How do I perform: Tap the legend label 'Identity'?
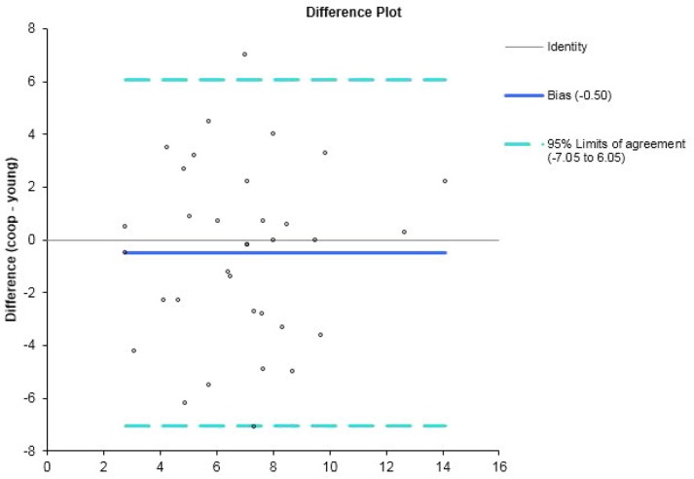[x=567, y=46]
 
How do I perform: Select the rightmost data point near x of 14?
[x=445, y=181]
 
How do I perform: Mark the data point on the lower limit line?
[x=253, y=426]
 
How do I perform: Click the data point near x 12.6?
[x=404, y=232]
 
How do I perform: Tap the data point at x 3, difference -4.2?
[x=133, y=350]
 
